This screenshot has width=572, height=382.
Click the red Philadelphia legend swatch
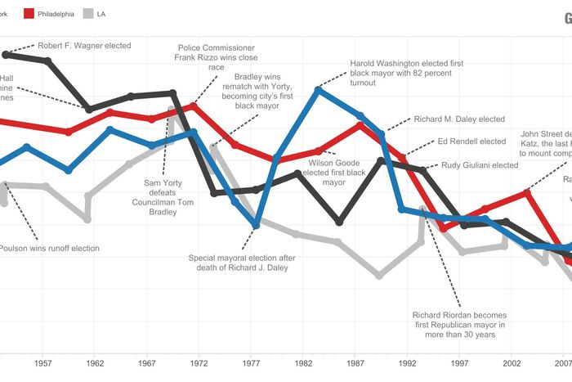click(27, 14)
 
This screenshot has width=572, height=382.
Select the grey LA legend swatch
click(89, 14)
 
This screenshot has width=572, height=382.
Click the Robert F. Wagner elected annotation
click(83, 46)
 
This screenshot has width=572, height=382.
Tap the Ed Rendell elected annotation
click(471, 142)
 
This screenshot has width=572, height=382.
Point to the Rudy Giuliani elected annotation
click(480, 165)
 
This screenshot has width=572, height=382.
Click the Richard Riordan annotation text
click(459, 325)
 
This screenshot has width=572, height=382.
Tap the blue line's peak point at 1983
click(319, 89)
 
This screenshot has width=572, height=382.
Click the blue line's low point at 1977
click(257, 224)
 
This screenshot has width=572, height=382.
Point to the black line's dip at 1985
click(339, 222)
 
